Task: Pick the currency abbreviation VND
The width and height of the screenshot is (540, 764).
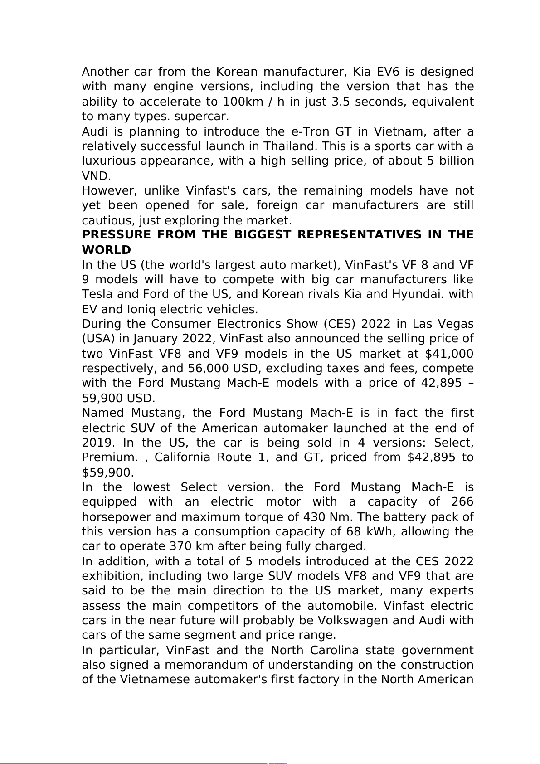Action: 96,176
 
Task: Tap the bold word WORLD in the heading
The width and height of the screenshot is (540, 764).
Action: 106,250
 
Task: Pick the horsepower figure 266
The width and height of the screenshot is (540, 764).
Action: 462,502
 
